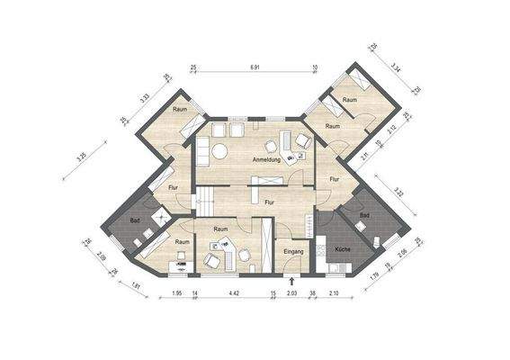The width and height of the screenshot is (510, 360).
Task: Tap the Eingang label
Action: point(293,251)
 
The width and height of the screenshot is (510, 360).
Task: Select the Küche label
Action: point(343,247)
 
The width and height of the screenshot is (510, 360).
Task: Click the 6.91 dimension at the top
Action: point(255,67)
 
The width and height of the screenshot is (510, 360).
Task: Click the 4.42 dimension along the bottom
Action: point(233,293)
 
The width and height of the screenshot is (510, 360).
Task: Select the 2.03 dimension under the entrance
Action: point(291,293)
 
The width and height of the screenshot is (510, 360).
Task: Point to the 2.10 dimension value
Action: point(334,293)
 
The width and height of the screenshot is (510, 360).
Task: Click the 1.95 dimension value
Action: point(177,293)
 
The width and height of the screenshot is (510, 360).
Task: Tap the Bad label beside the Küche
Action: point(364,216)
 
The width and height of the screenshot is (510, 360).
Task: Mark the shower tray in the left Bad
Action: point(159,215)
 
